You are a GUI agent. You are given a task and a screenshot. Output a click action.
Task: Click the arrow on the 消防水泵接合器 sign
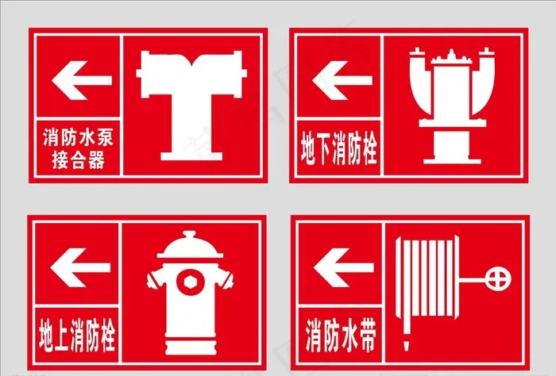click(82, 80)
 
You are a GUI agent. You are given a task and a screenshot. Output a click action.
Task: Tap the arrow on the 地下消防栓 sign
click(342, 80)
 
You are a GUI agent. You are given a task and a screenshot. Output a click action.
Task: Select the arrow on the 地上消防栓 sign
click(80, 267)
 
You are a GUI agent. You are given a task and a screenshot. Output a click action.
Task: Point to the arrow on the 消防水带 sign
click(344, 267)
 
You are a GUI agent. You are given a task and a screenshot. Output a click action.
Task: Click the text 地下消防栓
click(338, 148)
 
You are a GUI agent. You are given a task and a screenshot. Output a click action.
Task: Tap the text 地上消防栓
click(77, 335)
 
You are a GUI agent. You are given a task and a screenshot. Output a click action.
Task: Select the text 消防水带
click(341, 335)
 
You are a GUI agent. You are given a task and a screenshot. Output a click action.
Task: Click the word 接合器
click(79, 159)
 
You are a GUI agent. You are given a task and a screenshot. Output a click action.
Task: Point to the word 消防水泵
click(78, 137)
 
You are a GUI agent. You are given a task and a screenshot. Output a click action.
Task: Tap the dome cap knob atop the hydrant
click(190, 235)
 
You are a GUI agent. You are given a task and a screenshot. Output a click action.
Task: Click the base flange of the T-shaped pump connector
click(191, 156)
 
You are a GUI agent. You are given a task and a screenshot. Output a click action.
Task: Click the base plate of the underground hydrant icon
click(452, 160)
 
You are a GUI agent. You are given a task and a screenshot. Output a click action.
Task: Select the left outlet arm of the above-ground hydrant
click(154, 279)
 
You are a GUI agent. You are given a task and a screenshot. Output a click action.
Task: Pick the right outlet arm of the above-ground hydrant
click(226, 278)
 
